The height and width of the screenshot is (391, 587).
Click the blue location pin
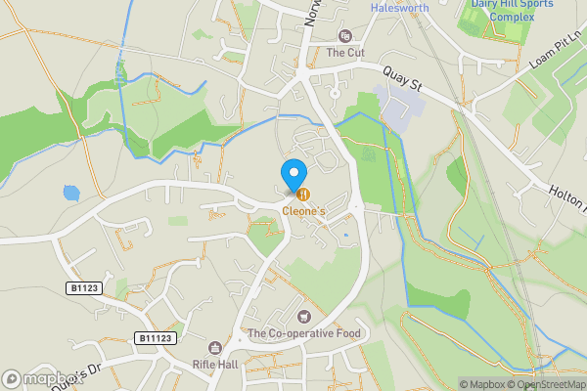pos(293,175)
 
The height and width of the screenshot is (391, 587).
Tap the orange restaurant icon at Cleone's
pos(303,194)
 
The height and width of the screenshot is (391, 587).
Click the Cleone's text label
pos(305,210)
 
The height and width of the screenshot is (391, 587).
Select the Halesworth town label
pos(400,8)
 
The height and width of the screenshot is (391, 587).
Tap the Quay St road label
pos(402,78)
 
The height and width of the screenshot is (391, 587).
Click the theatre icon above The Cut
pos(343,36)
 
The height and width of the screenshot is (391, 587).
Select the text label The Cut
pos(344,53)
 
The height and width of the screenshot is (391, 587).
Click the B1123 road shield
pos(86,289)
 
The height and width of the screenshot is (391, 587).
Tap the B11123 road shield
pos(156,337)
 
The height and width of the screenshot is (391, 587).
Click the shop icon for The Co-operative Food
pos(303,317)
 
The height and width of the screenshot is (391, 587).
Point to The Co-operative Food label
pos(304,333)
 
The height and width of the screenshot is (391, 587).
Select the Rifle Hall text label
pos(215,366)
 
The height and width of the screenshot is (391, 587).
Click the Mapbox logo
pos(39,378)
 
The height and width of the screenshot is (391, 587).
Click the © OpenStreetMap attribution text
pos(550,384)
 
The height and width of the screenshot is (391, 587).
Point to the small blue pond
pos(70,193)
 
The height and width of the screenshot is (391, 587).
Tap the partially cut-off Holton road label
pos(566,195)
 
